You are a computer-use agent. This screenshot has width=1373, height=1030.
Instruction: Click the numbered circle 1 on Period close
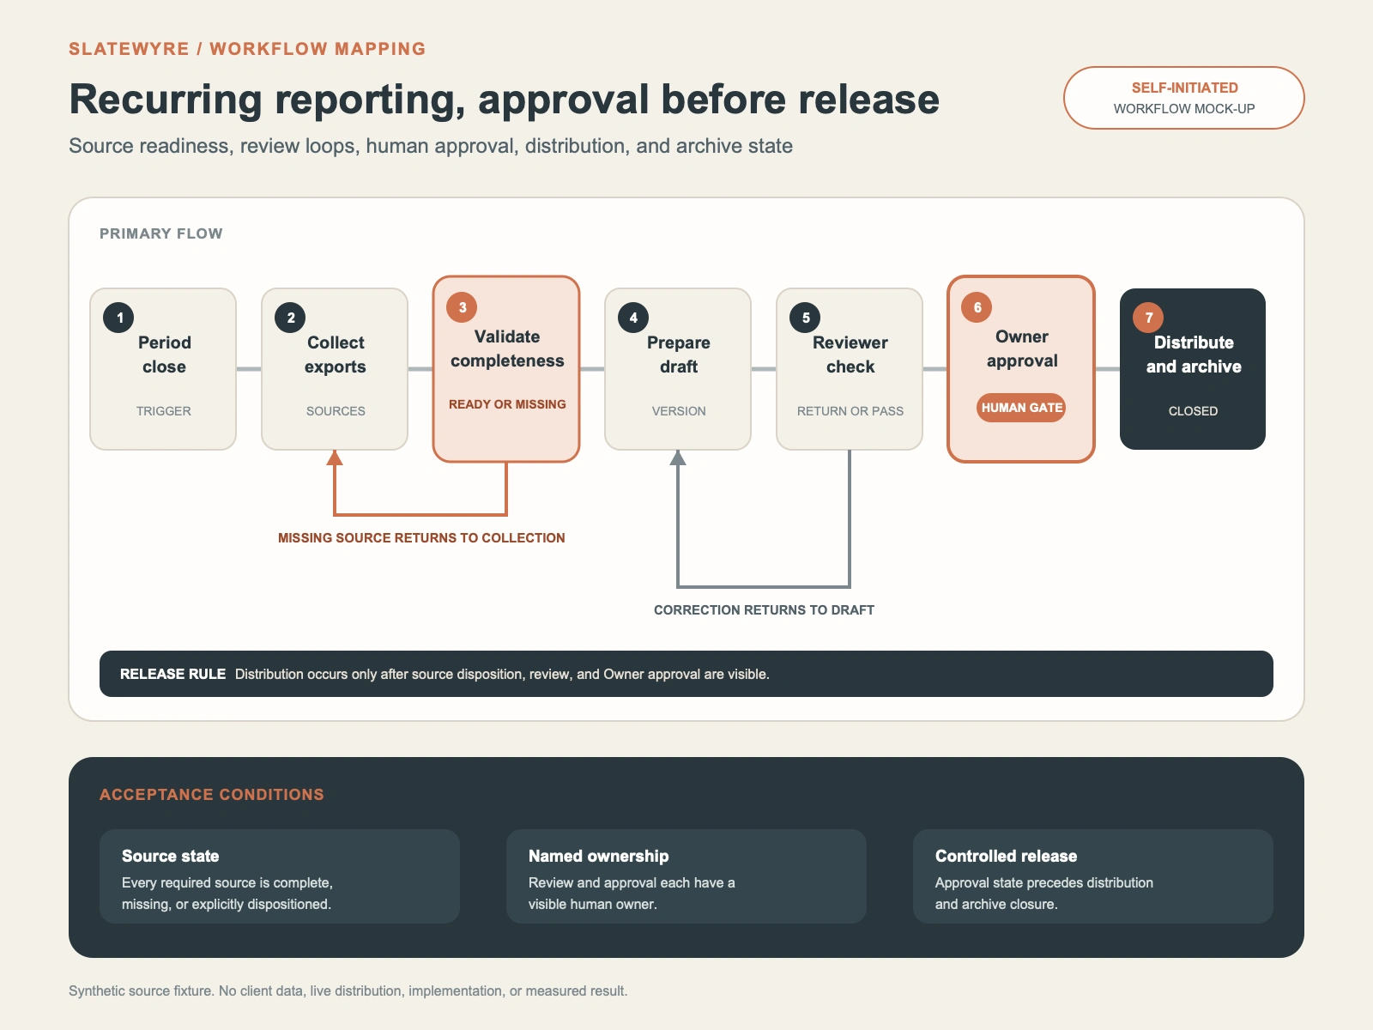[118, 318]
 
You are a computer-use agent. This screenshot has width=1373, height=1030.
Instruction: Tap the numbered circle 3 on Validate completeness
[462, 307]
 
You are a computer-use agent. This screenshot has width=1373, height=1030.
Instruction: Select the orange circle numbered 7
[1148, 318]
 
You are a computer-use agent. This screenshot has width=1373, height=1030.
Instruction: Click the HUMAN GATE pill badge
[1021, 408]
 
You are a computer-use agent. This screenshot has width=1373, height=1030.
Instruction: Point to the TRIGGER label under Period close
[164, 411]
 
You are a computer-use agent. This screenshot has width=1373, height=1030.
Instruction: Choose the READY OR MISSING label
[507, 404]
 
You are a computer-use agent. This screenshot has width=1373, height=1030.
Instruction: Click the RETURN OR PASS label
[850, 411]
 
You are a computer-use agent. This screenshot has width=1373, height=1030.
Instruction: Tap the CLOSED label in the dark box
[1193, 411]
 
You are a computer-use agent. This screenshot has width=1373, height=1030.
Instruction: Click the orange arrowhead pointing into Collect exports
[335, 457]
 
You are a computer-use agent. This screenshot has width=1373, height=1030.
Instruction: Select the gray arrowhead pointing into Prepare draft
[678, 457]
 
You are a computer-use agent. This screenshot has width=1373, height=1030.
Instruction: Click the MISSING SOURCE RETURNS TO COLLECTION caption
[421, 538]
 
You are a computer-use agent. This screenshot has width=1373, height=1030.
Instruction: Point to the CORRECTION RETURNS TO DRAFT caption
[764, 609]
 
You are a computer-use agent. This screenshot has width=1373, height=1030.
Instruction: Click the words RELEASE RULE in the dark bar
[172, 674]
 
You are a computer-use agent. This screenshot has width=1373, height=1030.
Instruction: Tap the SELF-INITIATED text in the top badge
[1185, 88]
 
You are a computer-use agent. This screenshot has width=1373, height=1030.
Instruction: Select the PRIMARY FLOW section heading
[161, 233]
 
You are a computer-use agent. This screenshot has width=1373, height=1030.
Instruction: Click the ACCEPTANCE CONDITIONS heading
[212, 794]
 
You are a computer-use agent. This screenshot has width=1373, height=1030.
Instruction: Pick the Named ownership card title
[599, 856]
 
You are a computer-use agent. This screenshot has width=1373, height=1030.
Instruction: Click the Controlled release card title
[1006, 856]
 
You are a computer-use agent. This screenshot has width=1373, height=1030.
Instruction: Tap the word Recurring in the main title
[165, 100]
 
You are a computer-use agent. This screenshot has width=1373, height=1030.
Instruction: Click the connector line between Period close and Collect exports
[249, 369]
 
